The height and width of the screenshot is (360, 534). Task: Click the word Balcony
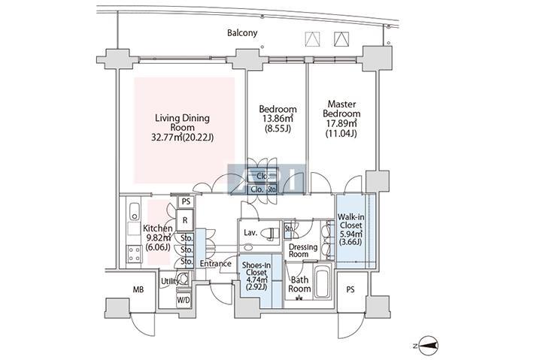243,33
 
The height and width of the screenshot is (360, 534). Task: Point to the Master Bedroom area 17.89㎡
341,124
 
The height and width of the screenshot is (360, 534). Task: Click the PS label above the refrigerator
185,202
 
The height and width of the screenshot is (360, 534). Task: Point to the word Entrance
215,264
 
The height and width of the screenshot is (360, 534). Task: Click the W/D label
184,299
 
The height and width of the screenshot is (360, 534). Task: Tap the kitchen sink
134,210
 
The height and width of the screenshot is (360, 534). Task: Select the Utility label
168,281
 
